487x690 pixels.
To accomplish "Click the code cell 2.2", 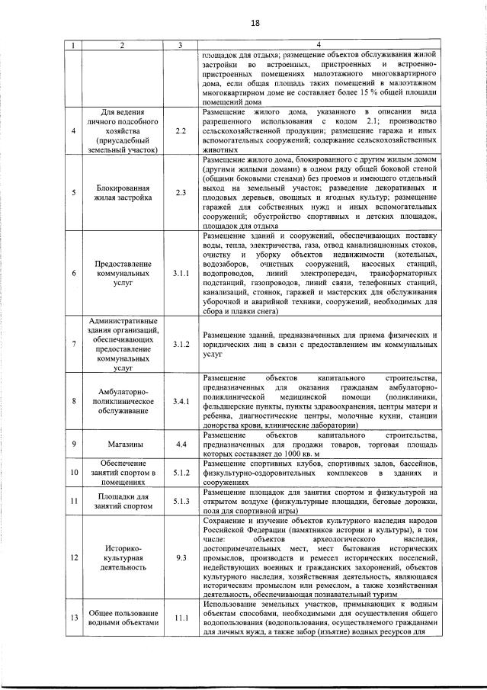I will (181, 131).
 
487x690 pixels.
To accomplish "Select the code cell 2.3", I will (181, 192).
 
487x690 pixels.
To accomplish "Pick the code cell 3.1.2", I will (181, 345).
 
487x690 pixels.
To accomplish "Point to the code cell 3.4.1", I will (181, 401).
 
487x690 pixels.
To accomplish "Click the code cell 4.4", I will (181, 443).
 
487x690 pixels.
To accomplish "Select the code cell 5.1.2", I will (181, 473).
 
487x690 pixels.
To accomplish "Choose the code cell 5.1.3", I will (181, 501).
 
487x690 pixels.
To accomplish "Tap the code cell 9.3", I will (181, 558).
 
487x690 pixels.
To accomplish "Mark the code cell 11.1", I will (181, 618).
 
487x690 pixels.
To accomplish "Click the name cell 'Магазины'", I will (122, 443).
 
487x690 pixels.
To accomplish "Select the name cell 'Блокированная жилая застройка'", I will (122, 192).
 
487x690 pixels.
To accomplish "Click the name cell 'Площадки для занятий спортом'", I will (122, 501).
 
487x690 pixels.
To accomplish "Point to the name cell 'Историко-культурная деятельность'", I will (122, 558).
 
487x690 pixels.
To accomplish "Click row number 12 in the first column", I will (74, 558).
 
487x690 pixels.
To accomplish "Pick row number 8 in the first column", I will (74, 401).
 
